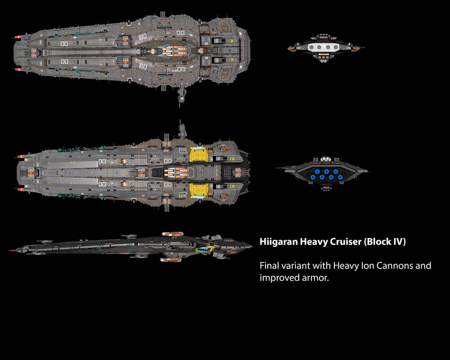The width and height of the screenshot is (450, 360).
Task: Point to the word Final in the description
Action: (270, 265)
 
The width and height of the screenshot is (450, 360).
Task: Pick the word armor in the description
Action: (317, 278)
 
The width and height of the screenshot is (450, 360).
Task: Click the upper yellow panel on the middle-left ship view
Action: (199, 155)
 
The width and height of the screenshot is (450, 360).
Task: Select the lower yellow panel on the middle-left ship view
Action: (199, 191)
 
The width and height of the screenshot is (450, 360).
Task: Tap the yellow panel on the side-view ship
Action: (205, 247)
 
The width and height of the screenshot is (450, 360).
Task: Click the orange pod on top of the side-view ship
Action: (173, 234)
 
